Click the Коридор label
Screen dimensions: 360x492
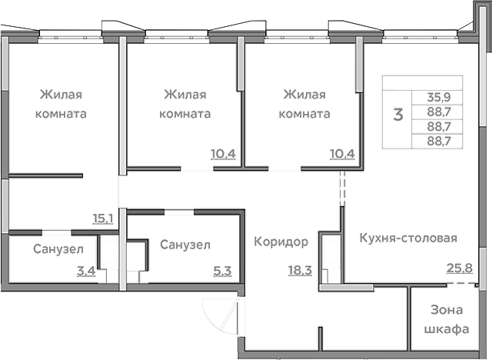click(x=281, y=242)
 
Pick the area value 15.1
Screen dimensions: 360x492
click(x=103, y=218)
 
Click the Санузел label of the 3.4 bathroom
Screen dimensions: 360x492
click(x=53, y=249)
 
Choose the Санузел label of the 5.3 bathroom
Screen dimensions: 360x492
click(x=185, y=244)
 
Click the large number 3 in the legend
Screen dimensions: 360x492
click(x=397, y=115)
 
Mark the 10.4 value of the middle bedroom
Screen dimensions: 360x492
click(x=223, y=153)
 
